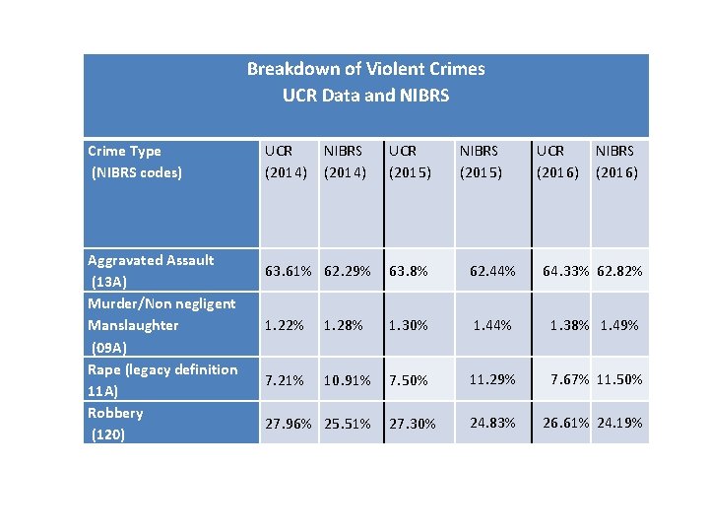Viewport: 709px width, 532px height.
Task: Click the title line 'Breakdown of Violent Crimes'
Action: click(365, 69)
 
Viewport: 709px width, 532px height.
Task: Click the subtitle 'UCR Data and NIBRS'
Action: click(365, 96)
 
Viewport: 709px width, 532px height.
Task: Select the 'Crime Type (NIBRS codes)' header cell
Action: click(135, 162)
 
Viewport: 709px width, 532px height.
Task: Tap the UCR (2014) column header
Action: click(287, 162)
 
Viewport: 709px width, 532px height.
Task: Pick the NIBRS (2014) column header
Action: click(346, 162)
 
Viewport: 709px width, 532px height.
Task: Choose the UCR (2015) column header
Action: click(411, 162)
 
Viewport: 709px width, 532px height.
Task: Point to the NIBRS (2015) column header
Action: click(480, 162)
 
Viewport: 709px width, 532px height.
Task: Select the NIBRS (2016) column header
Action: click(616, 162)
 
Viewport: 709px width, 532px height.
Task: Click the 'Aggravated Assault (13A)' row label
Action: click(150, 271)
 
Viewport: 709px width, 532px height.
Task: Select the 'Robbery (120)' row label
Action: click(115, 423)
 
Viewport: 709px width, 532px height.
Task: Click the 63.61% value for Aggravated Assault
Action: click(287, 271)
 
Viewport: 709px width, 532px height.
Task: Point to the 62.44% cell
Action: click(492, 271)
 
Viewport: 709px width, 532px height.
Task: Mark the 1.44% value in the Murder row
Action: click(492, 325)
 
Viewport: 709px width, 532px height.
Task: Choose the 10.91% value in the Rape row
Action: click(347, 380)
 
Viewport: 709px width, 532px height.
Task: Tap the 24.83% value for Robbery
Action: click(492, 423)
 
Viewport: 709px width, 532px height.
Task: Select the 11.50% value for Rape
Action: click(619, 379)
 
